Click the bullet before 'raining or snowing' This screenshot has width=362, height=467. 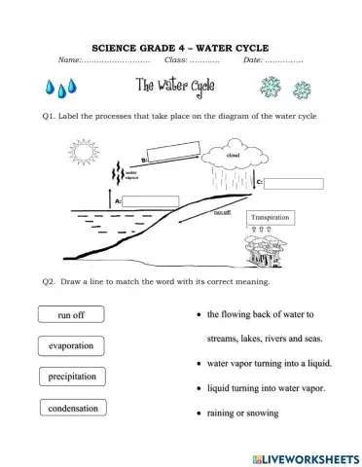tap(199, 413)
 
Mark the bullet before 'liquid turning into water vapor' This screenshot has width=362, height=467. tap(199, 388)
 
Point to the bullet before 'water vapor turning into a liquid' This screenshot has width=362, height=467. tap(199, 364)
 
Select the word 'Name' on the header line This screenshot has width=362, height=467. tap(71, 60)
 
